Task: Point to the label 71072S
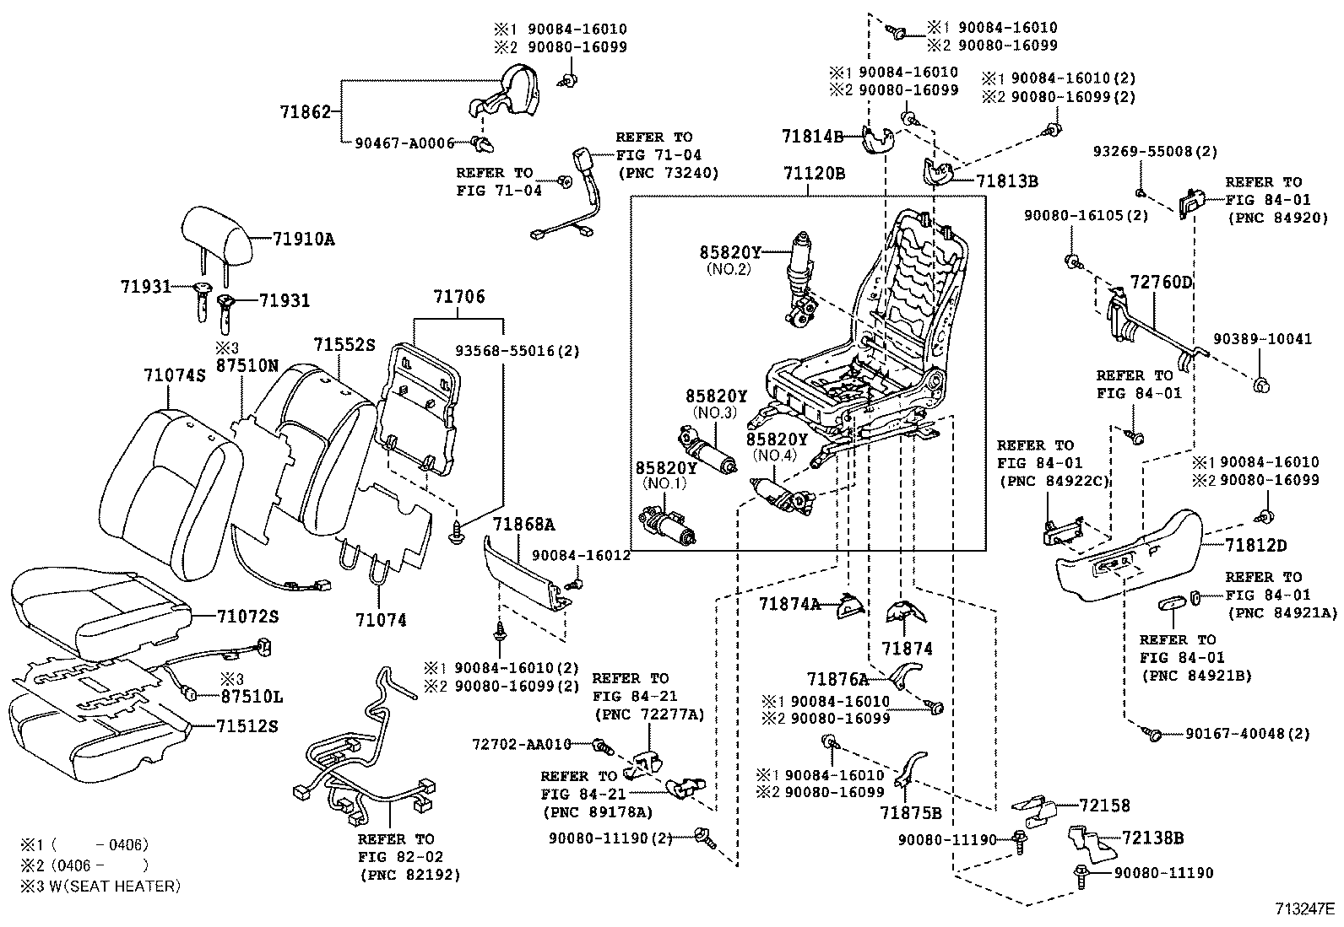point(247,617)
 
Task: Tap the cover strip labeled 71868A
point(526,574)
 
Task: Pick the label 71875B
point(910,813)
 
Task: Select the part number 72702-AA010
point(522,744)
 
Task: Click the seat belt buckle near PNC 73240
point(583,168)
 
